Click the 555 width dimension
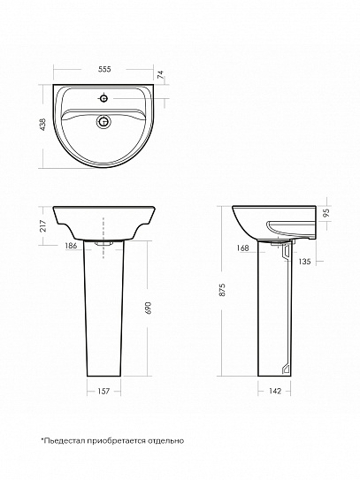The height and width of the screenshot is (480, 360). coord(104,69)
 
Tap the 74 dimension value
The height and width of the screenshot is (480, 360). coord(161,75)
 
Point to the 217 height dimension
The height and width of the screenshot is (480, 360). coord(42,226)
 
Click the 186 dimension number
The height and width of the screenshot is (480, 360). coord(71,246)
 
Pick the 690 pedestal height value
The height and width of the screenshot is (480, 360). coord(149,308)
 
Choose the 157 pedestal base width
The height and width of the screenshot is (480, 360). coord(103,392)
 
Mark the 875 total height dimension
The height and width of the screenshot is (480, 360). coord(222,290)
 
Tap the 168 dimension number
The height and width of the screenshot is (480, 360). coord(242,248)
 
